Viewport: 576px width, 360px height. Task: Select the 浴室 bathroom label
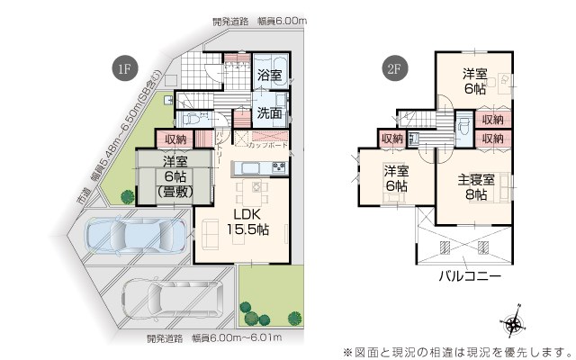click(269, 75)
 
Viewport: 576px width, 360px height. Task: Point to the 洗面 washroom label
click(269, 114)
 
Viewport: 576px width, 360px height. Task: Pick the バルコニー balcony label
click(470, 276)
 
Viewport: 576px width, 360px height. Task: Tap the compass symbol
click(513, 323)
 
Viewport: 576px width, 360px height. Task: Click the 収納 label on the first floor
click(176, 139)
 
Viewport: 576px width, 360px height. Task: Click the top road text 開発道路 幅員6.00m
click(261, 20)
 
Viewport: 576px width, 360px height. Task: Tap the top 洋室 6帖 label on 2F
click(475, 81)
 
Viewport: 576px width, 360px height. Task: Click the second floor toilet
click(463, 127)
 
